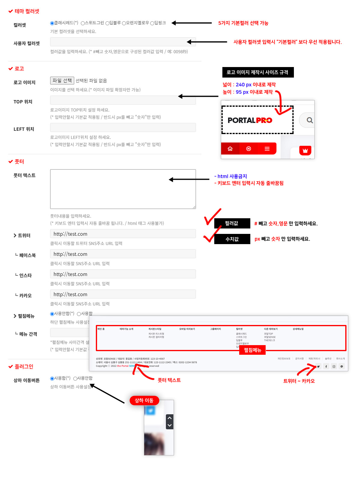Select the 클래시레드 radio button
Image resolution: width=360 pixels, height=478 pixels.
pyautogui.click(x=52, y=23)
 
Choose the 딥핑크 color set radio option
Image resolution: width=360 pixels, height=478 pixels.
pyautogui.click(x=152, y=23)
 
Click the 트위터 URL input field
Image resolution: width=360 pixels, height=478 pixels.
pyautogui.click(x=123, y=234)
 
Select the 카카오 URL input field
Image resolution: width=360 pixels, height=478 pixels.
pyautogui.click(x=123, y=294)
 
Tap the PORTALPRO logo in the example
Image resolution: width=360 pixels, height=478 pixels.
pyautogui.click(x=250, y=120)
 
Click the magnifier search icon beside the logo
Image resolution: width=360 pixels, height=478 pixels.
pyautogui.click(x=310, y=120)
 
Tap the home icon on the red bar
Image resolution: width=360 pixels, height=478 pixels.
pyautogui.click(x=230, y=149)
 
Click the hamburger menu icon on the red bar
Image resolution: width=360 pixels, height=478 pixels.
pyautogui.click(x=267, y=149)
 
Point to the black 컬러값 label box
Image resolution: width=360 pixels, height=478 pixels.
pyautogui.click(x=232, y=223)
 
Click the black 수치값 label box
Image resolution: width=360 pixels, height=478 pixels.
pyautogui.click(x=232, y=239)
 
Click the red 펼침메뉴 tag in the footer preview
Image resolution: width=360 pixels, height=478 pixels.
pyautogui.click(x=252, y=350)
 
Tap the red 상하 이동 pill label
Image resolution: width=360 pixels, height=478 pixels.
pyautogui.click(x=144, y=400)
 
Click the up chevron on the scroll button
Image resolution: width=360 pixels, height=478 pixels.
pyautogui.click(x=170, y=418)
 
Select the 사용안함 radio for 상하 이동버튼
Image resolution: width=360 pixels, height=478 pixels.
pyautogui.click(x=75, y=378)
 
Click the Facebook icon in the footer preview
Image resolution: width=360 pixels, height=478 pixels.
pyautogui.click(x=326, y=366)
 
